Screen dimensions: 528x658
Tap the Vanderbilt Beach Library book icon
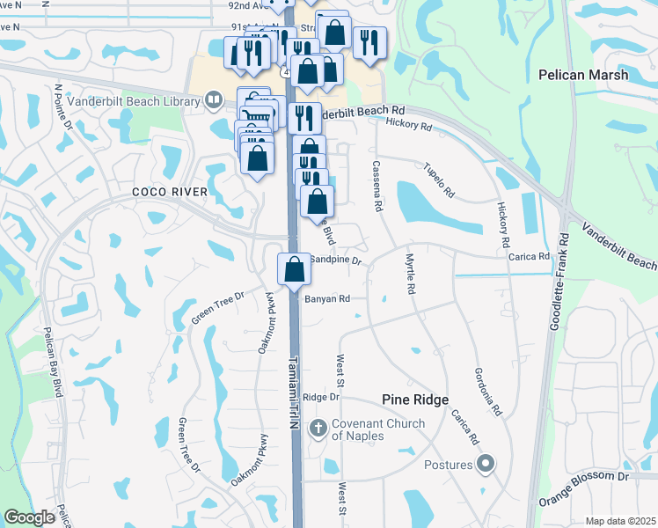tap(214, 100)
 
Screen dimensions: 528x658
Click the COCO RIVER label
tap(170, 192)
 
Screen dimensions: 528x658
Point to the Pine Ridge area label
tap(416, 399)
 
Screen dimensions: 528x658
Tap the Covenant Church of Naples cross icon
tap(318, 430)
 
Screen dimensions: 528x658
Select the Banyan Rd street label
tap(327, 299)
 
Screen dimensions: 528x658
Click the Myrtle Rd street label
tap(409, 275)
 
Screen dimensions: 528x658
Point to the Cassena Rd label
tap(377, 186)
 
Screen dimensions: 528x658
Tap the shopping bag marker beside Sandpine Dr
tap(294, 268)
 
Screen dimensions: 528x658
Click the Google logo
tap(29, 517)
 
